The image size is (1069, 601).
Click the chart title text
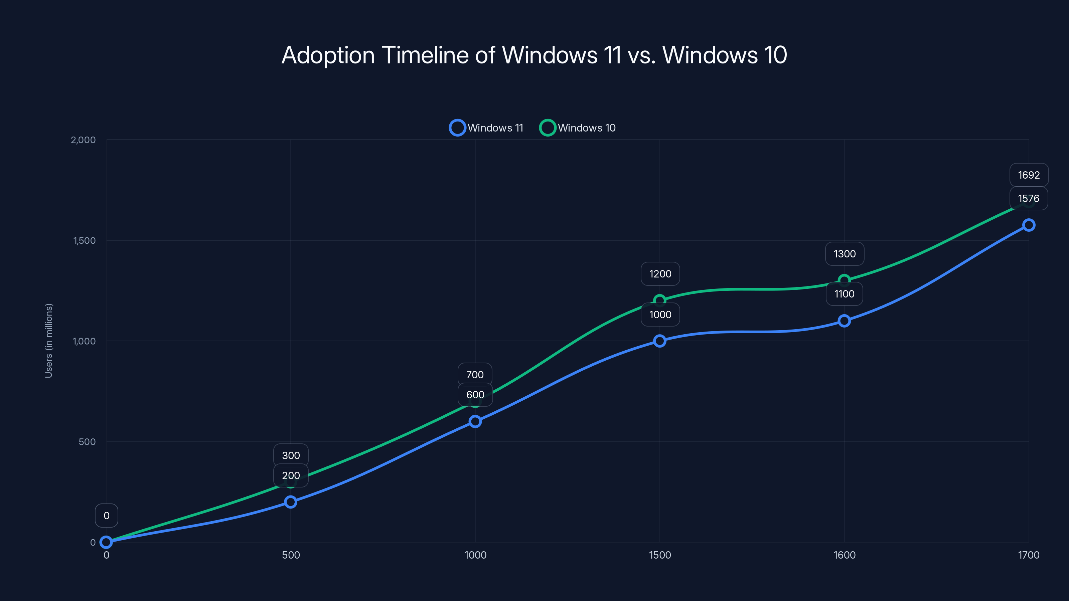(x=534, y=55)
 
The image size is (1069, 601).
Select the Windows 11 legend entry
(x=486, y=128)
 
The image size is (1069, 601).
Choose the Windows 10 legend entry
(x=577, y=128)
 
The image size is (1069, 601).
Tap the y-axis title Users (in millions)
(x=48, y=341)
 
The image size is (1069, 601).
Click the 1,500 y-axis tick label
(x=84, y=240)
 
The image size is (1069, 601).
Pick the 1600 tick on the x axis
(x=844, y=555)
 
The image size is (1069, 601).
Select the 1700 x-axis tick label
(x=1028, y=555)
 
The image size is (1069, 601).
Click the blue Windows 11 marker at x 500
(x=291, y=502)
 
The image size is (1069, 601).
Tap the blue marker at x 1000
(x=475, y=421)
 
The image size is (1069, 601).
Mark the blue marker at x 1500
(x=659, y=341)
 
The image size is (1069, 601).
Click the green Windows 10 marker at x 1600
(x=844, y=280)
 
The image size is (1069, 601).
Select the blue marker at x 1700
(x=1028, y=225)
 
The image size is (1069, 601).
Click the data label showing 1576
(x=1028, y=198)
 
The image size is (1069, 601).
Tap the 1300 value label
(x=845, y=254)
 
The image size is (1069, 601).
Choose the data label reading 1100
(x=844, y=294)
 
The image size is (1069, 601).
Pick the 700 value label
(x=475, y=375)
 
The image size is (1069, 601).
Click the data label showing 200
(x=291, y=475)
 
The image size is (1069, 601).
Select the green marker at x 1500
(x=659, y=300)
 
